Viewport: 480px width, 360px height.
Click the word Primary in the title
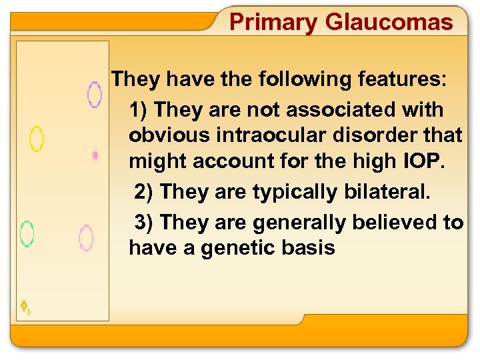(x=273, y=23)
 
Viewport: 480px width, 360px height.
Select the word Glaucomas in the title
(x=389, y=23)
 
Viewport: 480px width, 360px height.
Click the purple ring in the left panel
(x=95, y=95)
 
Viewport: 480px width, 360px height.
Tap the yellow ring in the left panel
(x=37, y=139)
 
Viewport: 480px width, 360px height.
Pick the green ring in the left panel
(x=27, y=234)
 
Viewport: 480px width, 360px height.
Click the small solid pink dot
(x=95, y=155)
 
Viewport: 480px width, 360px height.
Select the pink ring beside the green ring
(x=86, y=238)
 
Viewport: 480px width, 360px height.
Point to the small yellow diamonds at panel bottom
(x=26, y=307)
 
